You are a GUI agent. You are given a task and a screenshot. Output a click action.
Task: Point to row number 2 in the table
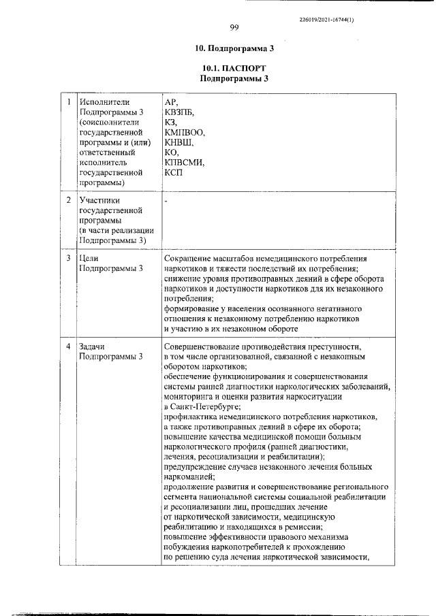(68, 201)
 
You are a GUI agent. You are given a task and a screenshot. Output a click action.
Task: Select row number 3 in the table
(68, 259)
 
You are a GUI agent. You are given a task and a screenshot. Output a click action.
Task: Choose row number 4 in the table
(68, 346)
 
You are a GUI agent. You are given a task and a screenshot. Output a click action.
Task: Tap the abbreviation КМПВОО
(185, 132)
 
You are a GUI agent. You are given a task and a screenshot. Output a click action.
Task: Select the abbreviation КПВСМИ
(184, 163)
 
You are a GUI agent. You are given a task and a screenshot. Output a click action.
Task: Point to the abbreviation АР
(171, 101)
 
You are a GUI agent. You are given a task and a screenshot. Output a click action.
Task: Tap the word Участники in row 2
(99, 201)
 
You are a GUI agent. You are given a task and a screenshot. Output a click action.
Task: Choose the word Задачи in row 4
(92, 346)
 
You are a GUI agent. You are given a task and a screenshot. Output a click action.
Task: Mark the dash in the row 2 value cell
(166, 201)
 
